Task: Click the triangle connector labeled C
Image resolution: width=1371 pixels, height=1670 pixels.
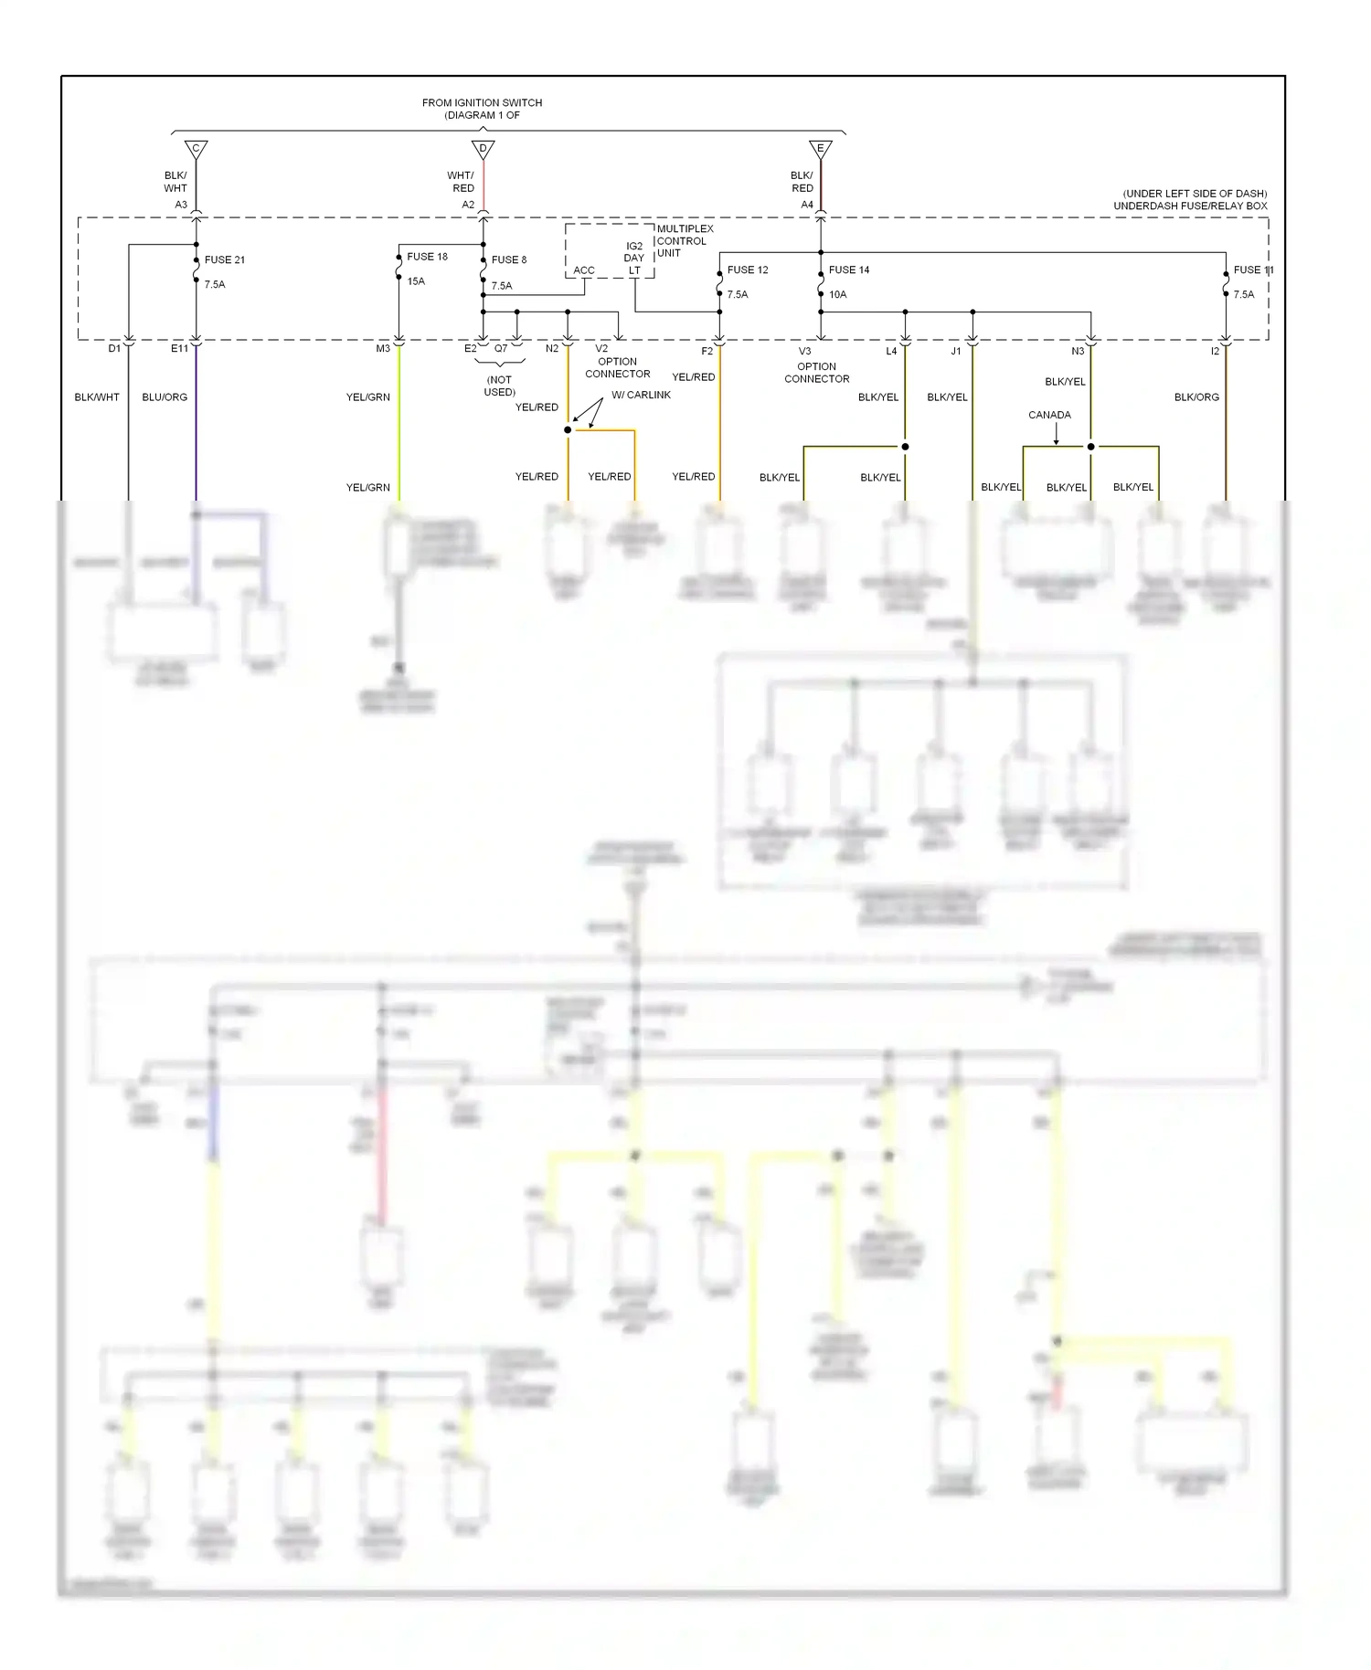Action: [x=196, y=148]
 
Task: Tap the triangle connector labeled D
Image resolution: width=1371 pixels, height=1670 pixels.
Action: [x=483, y=148]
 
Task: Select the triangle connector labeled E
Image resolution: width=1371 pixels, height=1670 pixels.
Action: [x=820, y=148]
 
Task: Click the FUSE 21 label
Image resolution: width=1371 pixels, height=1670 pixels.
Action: [x=224, y=260]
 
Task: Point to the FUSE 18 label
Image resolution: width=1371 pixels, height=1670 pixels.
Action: [x=427, y=257]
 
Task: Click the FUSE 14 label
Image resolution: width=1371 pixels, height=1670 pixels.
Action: [x=848, y=270]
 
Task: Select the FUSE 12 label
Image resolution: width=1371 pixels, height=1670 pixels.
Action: [x=747, y=270]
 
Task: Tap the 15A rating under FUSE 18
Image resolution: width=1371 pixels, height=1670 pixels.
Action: [x=416, y=281]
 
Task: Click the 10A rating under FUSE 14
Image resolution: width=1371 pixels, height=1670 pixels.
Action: [x=837, y=295]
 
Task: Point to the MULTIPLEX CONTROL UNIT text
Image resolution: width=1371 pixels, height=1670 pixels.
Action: [x=684, y=241]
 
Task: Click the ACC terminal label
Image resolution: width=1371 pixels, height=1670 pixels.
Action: [x=583, y=271]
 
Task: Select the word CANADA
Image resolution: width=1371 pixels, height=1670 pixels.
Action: [x=1048, y=415]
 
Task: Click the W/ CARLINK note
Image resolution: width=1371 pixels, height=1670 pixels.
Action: [x=641, y=395]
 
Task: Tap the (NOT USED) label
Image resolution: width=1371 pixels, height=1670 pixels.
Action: [x=499, y=386]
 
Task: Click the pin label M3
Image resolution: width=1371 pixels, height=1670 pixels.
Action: [x=383, y=349]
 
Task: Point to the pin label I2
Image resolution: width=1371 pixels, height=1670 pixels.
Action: [x=1214, y=352]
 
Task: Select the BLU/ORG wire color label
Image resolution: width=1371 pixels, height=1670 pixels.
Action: [x=165, y=397]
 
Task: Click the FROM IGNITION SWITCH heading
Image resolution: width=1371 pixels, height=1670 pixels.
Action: [x=482, y=103]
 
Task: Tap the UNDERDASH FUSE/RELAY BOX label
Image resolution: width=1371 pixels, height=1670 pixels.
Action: [x=1190, y=206]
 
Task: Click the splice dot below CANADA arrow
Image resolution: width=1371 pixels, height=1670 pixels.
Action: [x=1090, y=447]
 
